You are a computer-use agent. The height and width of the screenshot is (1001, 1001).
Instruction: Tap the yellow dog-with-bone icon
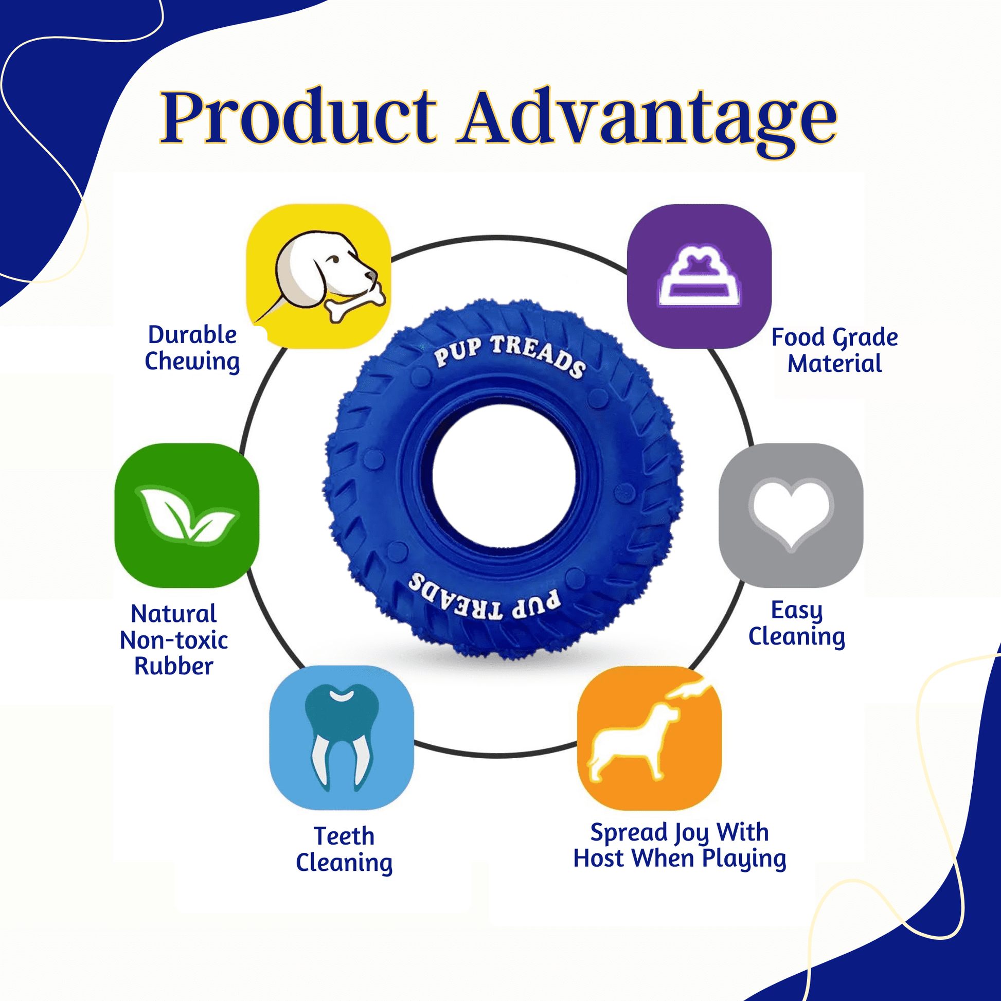(318, 276)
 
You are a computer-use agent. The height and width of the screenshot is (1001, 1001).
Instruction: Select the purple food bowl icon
(700, 276)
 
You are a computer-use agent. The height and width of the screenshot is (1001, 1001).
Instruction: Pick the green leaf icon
(187, 515)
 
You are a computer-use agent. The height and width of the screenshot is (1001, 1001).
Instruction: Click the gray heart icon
(791, 515)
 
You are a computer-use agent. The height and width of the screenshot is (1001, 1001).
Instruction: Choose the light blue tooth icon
(342, 737)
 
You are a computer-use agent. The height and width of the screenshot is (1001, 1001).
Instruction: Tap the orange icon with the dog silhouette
(649, 737)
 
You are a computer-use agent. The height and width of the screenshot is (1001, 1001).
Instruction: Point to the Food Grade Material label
(835, 351)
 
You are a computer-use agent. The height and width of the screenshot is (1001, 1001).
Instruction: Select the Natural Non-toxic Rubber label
(174, 640)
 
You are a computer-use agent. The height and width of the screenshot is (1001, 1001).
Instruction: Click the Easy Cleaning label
(797, 624)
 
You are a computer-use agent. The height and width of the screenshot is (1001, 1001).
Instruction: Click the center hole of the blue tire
(504, 476)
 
